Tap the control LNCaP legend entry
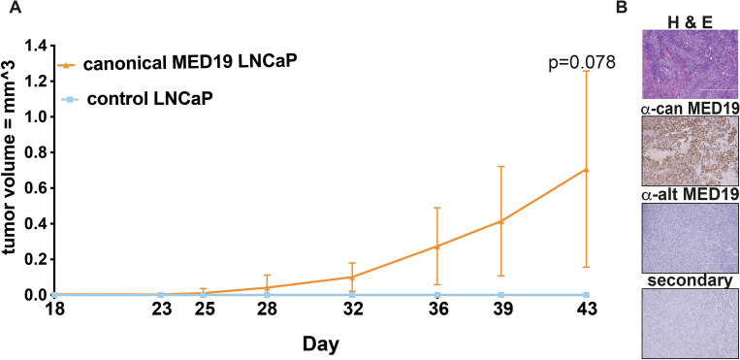[x=150, y=99]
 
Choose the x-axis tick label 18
[x=56, y=311]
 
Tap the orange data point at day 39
[x=500, y=221]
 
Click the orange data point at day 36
[x=436, y=246]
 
